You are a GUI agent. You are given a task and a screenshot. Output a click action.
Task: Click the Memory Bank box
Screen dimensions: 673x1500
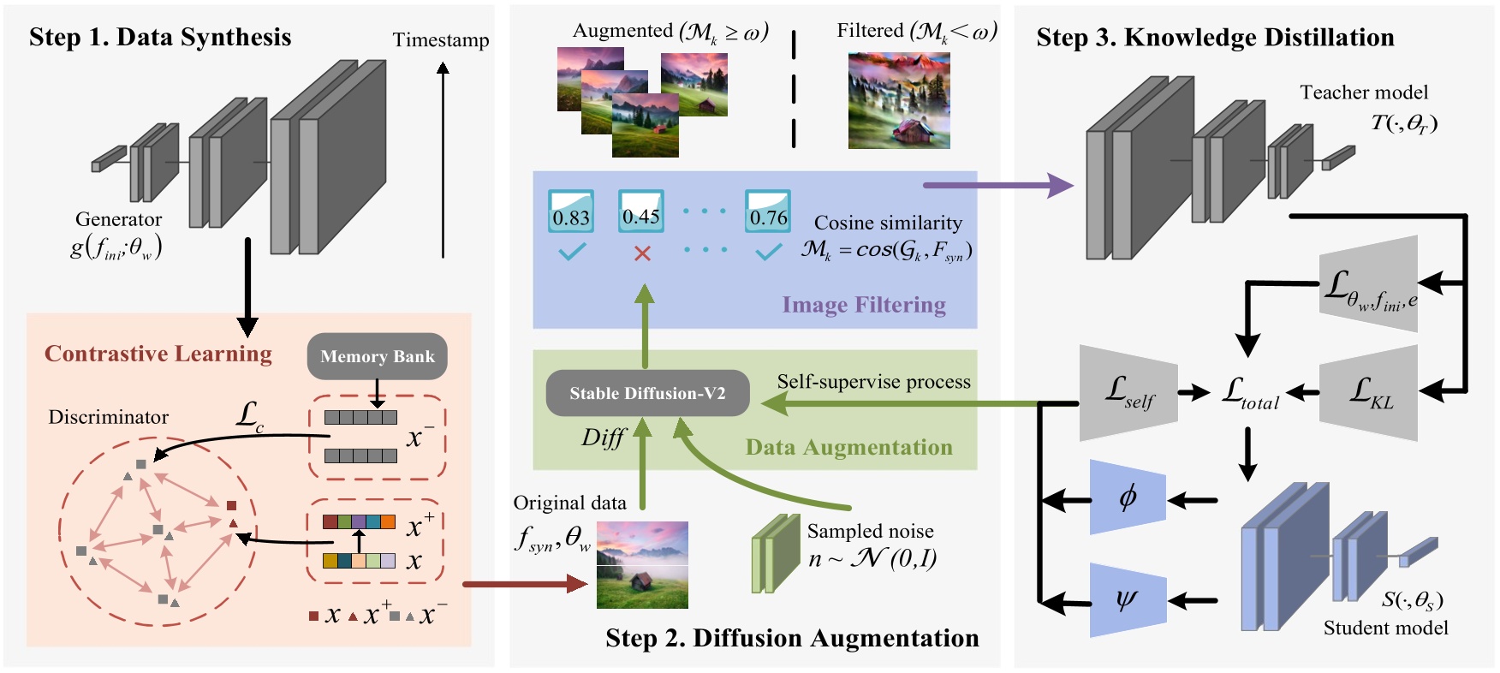377,356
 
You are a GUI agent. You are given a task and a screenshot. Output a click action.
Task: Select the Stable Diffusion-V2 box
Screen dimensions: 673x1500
647,393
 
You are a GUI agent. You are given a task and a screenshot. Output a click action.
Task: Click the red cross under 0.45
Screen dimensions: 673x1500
642,253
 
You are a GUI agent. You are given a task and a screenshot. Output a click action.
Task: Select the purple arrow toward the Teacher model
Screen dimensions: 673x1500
997,184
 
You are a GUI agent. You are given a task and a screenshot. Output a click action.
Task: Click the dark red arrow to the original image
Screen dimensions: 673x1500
524,584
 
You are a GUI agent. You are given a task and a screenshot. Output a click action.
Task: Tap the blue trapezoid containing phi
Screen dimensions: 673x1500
1128,497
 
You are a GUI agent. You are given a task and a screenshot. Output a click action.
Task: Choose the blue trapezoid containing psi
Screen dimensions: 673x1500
1128,599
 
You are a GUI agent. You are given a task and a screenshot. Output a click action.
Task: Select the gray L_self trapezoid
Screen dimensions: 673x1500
1128,393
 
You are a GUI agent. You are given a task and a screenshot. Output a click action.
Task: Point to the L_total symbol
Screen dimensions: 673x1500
1251,394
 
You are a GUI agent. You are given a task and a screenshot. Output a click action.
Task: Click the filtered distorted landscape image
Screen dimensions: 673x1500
899,100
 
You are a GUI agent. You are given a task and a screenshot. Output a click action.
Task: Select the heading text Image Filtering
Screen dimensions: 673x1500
863,305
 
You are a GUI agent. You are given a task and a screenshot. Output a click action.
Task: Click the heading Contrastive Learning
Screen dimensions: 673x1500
158,354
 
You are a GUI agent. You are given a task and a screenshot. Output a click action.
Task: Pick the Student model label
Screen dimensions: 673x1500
1385,628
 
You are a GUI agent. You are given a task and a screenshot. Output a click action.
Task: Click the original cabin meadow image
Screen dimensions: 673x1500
642,565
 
